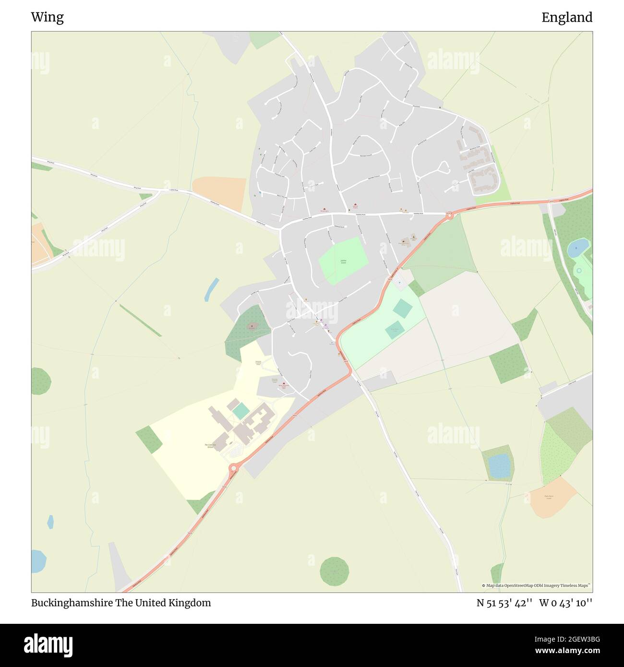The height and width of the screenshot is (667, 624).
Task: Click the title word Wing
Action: pyautogui.click(x=47, y=17)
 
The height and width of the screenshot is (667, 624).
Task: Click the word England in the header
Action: pyautogui.click(x=566, y=17)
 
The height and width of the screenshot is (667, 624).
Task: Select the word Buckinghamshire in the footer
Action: pyautogui.click(x=72, y=603)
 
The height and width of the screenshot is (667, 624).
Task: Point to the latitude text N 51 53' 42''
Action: pyautogui.click(x=504, y=603)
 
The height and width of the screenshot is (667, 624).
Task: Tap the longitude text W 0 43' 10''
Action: pyautogui.click(x=565, y=603)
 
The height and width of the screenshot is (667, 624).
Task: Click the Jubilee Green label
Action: pyautogui.click(x=343, y=262)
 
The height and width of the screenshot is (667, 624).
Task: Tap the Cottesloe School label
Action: pyautogui.click(x=210, y=446)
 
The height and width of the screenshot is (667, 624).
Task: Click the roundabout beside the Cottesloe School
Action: pyautogui.click(x=234, y=468)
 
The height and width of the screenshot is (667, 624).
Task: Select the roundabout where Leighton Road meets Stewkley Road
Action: pyautogui.click(x=449, y=216)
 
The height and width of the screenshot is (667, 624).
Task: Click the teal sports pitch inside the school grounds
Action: pyautogui.click(x=240, y=410)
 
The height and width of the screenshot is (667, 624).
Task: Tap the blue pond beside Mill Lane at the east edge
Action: pyautogui.click(x=577, y=248)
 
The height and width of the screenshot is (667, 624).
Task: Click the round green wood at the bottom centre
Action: pyautogui.click(x=334, y=571)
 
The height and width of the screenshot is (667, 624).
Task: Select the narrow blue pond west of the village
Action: pyautogui.click(x=211, y=289)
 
